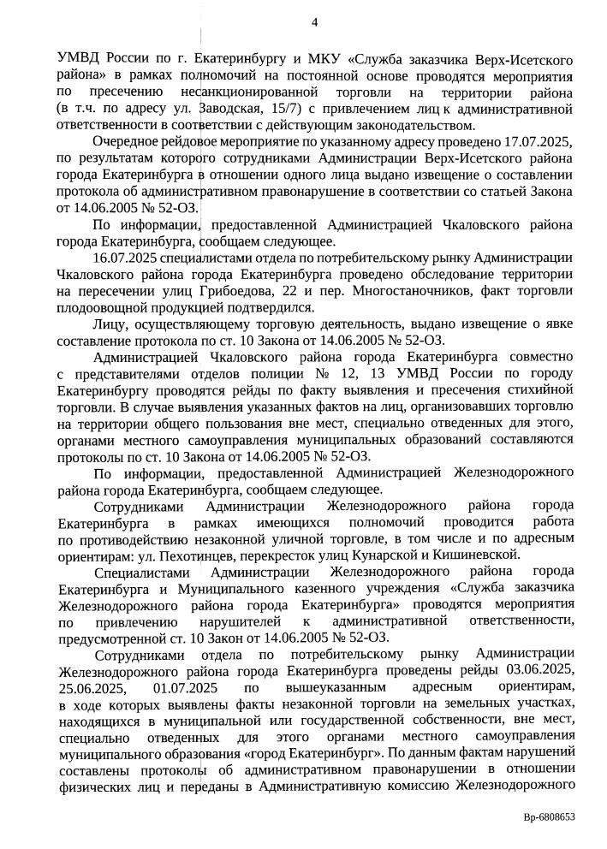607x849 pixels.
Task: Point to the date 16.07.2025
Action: click(x=122, y=258)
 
